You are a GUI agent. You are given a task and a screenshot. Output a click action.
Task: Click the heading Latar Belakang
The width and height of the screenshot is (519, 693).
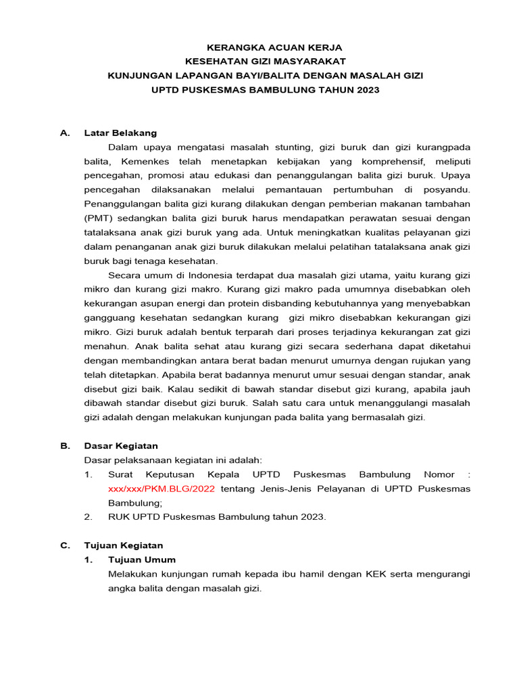[120, 133]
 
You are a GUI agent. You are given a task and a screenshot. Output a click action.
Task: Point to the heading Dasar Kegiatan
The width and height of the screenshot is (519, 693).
[120, 446]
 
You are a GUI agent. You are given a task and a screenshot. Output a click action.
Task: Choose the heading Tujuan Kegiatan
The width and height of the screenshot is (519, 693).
[123, 545]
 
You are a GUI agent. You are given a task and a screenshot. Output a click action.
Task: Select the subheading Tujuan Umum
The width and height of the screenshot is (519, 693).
[142, 560]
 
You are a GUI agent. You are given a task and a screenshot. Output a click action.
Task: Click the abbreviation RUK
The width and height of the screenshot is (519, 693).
[120, 517]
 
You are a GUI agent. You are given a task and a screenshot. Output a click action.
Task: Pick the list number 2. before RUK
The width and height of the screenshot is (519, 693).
[89, 517]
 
